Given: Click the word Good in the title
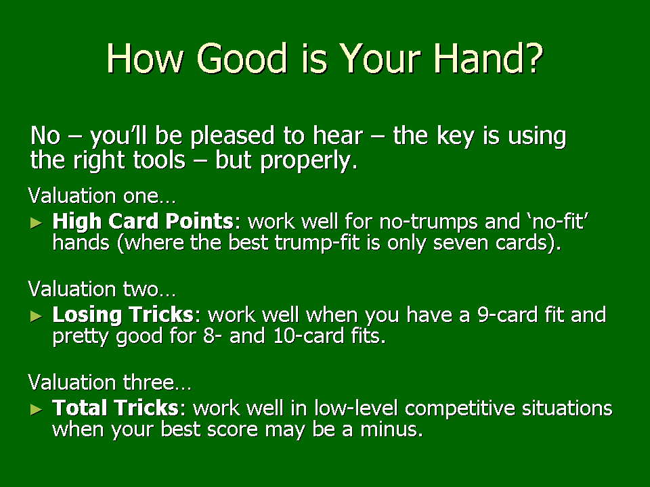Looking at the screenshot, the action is (242, 58).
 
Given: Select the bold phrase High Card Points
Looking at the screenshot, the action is (143, 221).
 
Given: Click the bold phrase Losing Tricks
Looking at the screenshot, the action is (123, 315).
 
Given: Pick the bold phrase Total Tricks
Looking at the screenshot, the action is (115, 408).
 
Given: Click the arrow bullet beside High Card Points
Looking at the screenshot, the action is (37, 223).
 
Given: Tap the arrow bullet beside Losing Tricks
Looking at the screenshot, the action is (37, 317).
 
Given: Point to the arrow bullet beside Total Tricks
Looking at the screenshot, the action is (37, 410).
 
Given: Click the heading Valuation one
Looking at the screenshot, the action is (102, 195).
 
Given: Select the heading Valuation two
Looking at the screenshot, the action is (102, 289).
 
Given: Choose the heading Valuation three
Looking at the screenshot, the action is (110, 381).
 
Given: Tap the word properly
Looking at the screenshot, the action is (309, 162).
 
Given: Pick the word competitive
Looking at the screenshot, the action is (460, 409).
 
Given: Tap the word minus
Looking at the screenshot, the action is (391, 429).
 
